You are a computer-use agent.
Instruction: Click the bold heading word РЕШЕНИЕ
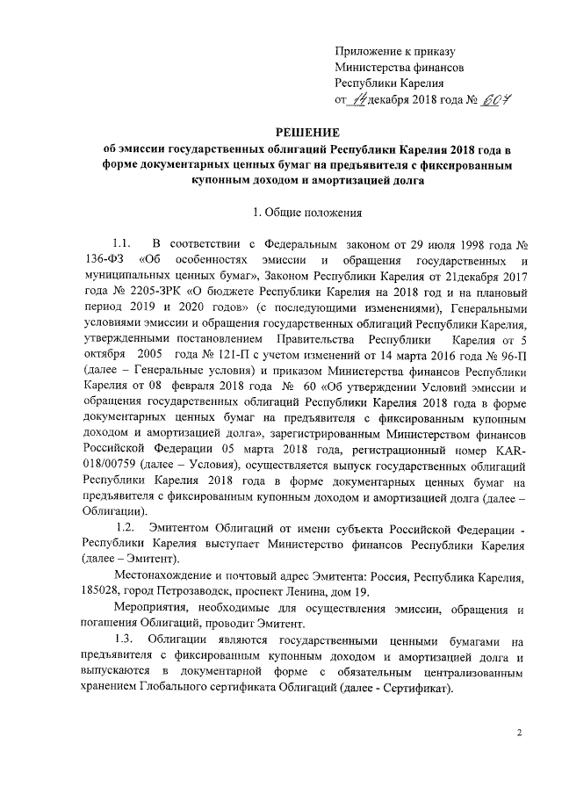tap(280, 130)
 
